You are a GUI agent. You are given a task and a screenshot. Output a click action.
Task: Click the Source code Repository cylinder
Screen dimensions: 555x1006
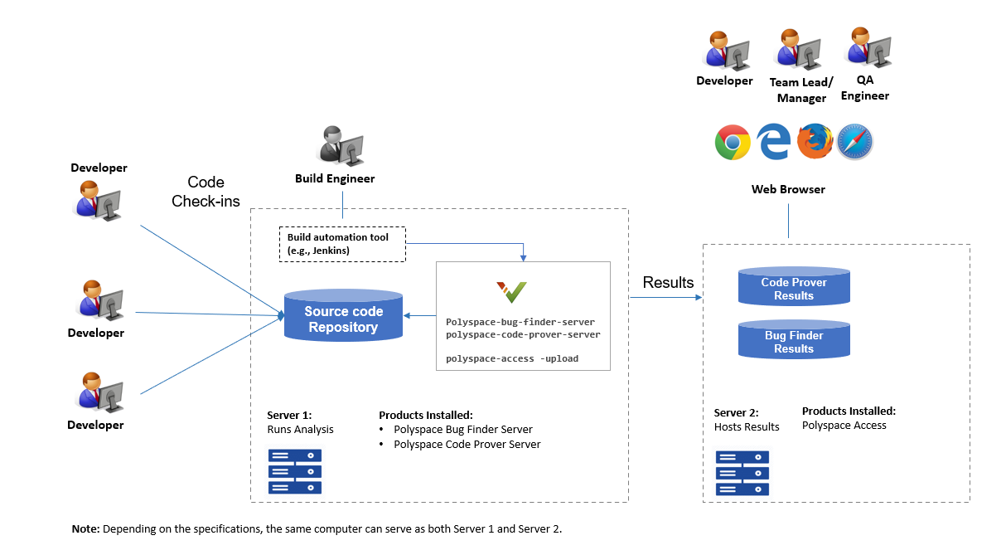(343, 316)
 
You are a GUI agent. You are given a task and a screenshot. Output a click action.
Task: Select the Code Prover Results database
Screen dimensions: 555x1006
(794, 287)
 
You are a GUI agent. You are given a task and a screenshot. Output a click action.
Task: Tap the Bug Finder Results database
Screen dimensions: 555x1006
(794, 340)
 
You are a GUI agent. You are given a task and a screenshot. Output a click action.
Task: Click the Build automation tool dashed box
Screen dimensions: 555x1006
(342, 244)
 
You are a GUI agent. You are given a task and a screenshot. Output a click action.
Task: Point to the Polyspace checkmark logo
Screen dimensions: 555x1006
(512, 292)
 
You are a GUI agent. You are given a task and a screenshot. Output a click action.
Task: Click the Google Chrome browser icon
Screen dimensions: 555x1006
(733, 143)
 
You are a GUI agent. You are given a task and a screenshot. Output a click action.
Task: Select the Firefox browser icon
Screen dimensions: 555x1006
(815, 142)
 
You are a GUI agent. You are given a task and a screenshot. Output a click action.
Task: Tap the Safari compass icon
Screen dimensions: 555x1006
(855, 143)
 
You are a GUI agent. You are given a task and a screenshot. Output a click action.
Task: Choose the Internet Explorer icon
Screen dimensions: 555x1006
(774, 143)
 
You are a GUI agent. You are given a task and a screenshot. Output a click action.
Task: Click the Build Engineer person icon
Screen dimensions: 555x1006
(341, 146)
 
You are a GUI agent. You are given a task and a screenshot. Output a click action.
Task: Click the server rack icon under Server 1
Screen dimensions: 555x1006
(294, 471)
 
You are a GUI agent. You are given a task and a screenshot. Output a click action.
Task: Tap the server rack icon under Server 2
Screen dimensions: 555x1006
(742, 473)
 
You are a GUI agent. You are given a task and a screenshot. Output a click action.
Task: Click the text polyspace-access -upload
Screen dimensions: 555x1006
(512, 358)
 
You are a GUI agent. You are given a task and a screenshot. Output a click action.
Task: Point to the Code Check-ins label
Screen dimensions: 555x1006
(206, 192)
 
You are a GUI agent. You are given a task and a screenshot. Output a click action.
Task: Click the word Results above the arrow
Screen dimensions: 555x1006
(668, 282)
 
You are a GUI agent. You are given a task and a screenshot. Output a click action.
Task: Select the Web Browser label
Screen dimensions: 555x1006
(788, 189)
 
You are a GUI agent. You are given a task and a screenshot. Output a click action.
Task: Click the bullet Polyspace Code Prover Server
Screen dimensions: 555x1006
(467, 444)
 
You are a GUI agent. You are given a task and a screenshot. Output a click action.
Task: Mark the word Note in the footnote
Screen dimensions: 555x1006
(85, 528)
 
